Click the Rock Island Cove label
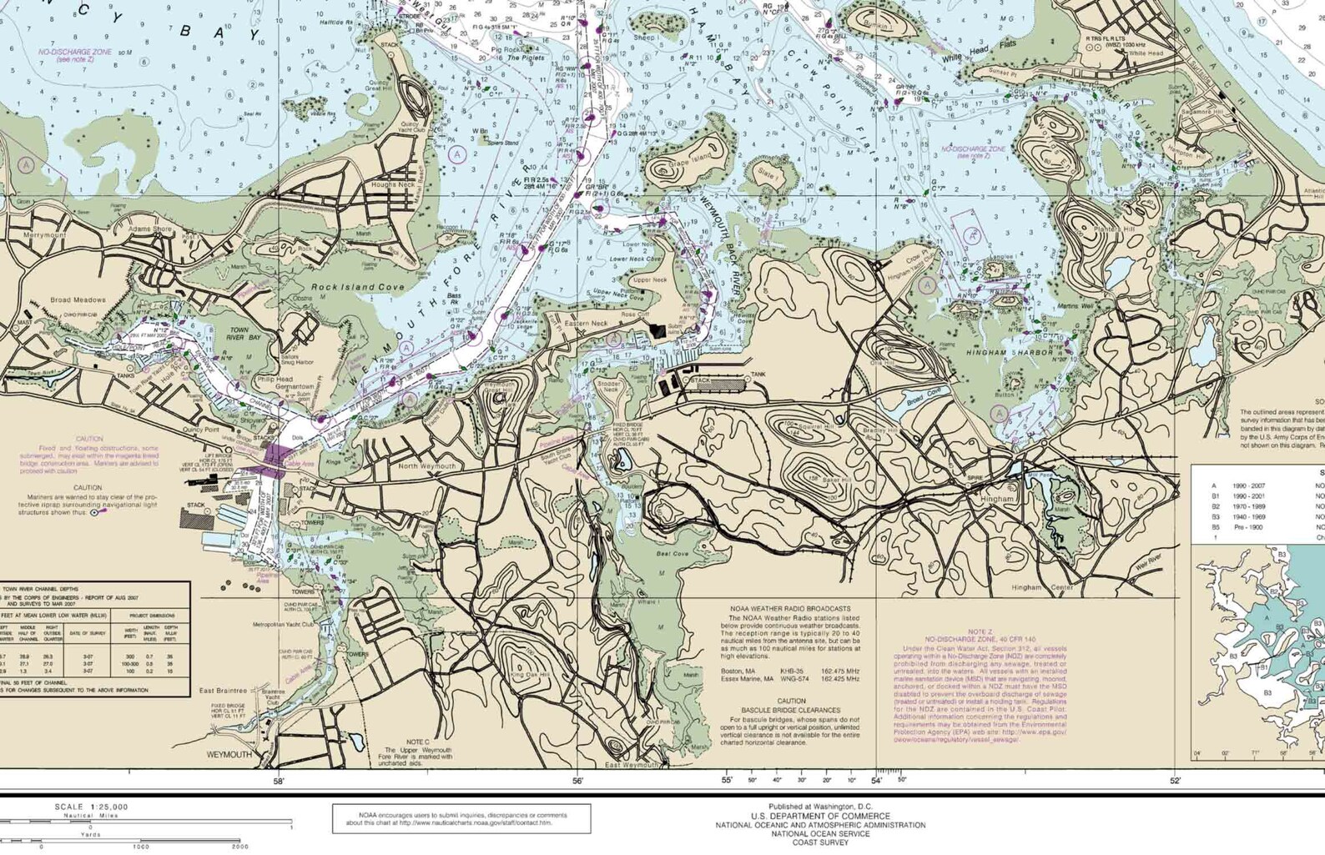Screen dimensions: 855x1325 tap(357, 287)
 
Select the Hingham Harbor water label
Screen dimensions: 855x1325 tap(1010, 353)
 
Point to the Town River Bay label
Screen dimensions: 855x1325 tap(239, 334)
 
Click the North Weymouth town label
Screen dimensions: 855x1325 tap(426, 466)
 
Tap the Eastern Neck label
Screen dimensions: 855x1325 tap(587, 323)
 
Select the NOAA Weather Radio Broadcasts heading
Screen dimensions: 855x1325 tap(790, 609)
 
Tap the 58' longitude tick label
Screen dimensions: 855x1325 tap(279, 782)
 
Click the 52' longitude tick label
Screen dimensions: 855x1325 tap(1175, 782)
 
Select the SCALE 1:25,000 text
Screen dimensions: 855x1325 tap(92, 807)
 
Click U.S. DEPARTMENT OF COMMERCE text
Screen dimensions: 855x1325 tap(820, 816)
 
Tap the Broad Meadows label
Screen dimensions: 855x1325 tap(78, 300)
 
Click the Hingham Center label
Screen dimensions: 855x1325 tap(1042, 587)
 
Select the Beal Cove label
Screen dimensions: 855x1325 tap(673, 554)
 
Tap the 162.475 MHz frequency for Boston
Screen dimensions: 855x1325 tap(839, 671)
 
